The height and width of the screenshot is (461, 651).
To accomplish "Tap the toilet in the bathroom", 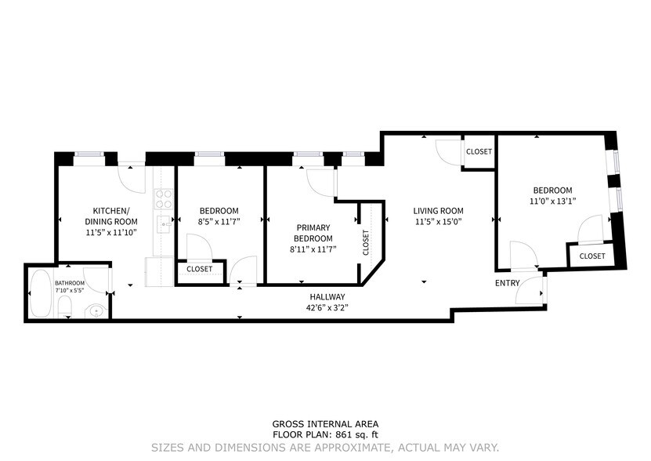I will [66, 307].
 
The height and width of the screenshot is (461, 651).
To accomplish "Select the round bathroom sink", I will [96, 310].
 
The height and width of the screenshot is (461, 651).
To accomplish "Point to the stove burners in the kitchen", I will [164, 198].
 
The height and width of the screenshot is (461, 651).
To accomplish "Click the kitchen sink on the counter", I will [165, 224].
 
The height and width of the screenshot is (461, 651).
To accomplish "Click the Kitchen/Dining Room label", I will [110, 216].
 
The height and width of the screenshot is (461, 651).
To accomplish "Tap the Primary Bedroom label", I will [313, 234].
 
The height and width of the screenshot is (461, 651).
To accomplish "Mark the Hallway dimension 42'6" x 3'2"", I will [327, 307].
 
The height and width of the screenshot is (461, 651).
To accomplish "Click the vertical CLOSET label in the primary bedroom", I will [366, 242].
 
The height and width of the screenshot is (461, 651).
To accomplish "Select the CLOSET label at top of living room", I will [479, 152].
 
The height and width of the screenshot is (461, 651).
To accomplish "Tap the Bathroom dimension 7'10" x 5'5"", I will [71, 291].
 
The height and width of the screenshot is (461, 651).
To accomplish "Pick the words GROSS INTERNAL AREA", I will [324, 423].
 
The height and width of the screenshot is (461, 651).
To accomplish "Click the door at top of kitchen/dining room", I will [129, 174].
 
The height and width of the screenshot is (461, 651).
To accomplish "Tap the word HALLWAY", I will [327, 296].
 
